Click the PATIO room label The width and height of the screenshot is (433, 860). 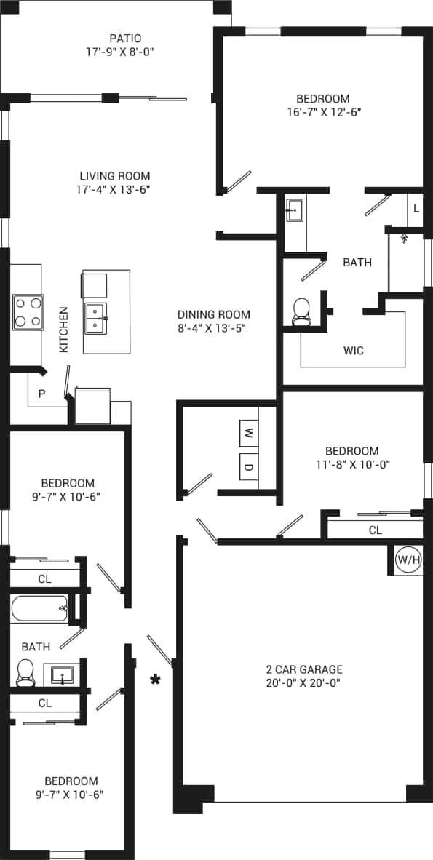click(x=125, y=39)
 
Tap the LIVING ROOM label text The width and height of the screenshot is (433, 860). click(x=115, y=176)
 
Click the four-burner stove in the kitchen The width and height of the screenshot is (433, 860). click(x=28, y=312)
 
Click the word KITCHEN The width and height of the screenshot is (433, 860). click(x=64, y=330)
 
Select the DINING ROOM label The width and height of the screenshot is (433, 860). click(x=214, y=314)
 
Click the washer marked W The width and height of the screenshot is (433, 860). click(x=248, y=434)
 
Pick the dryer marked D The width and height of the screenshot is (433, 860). click(x=248, y=466)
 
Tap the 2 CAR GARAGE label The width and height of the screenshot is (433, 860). click(x=303, y=669)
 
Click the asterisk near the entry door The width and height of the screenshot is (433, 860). click(x=155, y=680)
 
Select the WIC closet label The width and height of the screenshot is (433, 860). click(x=354, y=351)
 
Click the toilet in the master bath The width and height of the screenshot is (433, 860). click(x=301, y=311)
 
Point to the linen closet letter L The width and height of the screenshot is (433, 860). click(x=416, y=208)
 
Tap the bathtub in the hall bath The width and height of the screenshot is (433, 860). click(x=40, y=608)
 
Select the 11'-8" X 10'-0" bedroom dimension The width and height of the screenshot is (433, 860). click(x=352, y=463)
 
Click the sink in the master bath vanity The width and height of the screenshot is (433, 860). click(x=294, y=212)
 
